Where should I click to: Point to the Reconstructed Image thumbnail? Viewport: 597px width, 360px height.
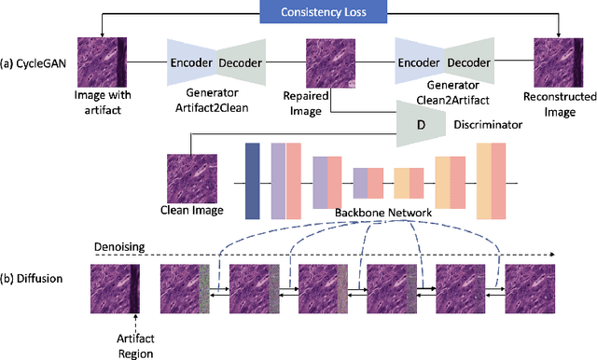click(559, 62)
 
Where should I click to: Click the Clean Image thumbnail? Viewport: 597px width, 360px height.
click(191, 177)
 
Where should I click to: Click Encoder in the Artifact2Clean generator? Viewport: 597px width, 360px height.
click(191, 62)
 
